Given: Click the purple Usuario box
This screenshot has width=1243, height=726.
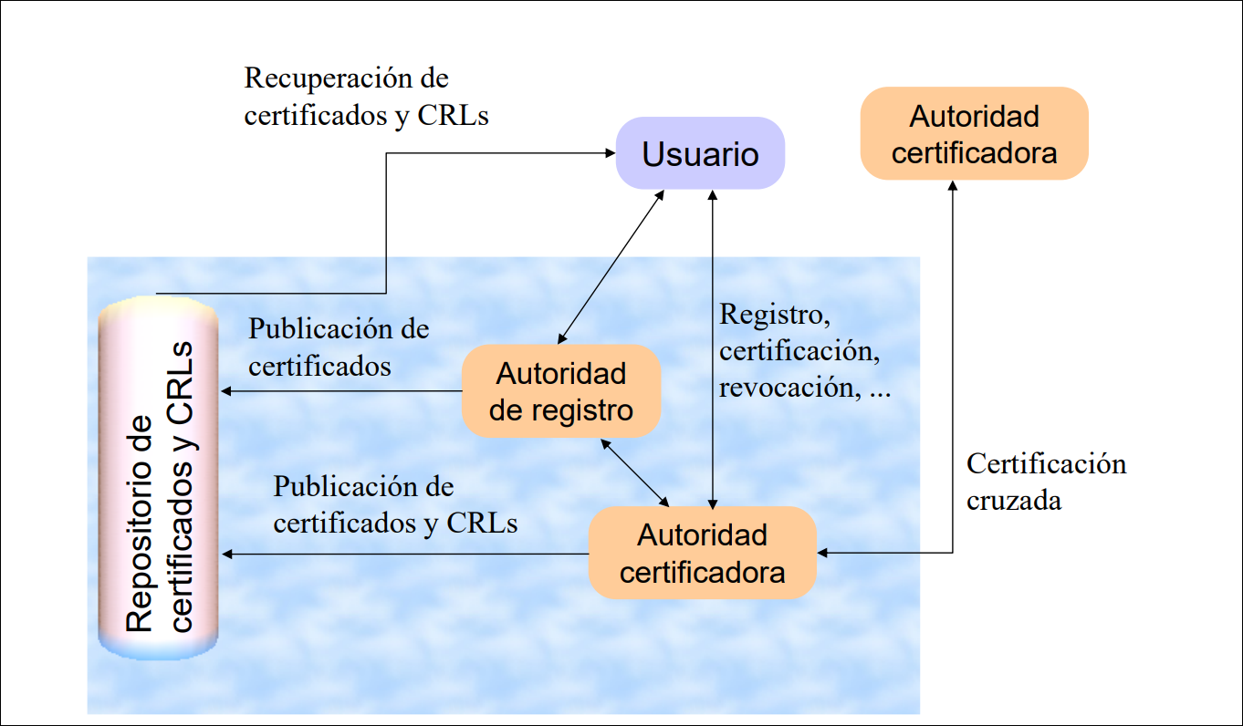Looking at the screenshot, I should pyautogui.click(x=700, y=153).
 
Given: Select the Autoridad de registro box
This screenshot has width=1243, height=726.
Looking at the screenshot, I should pyautogui.click(x=560, y=391).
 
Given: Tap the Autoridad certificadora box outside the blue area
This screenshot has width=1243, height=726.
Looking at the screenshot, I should pyautogui.click(x=974, y=134).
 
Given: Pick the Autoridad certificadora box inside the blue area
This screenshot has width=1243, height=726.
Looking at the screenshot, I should pyautogui.click(x=702, y=553).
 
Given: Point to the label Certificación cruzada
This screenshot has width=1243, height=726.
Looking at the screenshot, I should pyautogui.click(x=1046, y=482).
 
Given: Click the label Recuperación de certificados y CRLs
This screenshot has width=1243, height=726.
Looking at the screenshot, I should pyautogui.click(x=366, y=97).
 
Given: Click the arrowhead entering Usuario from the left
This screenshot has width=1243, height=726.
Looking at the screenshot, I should pyautogui.click(x=610, y=153).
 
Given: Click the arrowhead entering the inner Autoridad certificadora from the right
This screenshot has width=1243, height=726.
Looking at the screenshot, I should pyautogui.click(x=823, y=553).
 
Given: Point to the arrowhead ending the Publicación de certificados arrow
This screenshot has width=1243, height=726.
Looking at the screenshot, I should pyautogui.click(x=225, y=391).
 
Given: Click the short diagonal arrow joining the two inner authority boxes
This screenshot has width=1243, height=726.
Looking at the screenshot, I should pyautogui.click(x=636, y=471).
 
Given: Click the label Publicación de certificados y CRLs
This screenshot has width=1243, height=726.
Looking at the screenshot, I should pyautogui.click(x=395, y=504).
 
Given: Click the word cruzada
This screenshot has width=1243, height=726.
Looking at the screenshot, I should pyautogui.click(x=1014, y=501).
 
